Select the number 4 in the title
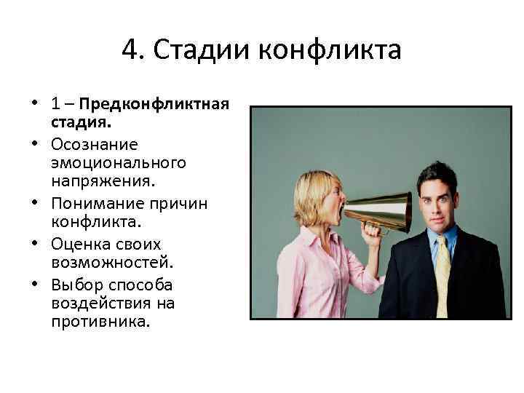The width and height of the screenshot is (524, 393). (x=130, y=51)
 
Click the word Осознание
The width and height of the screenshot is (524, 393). (x=95, y=145)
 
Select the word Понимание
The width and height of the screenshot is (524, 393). (x=98, y=203)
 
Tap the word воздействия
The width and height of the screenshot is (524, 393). (x=102, y=301)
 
